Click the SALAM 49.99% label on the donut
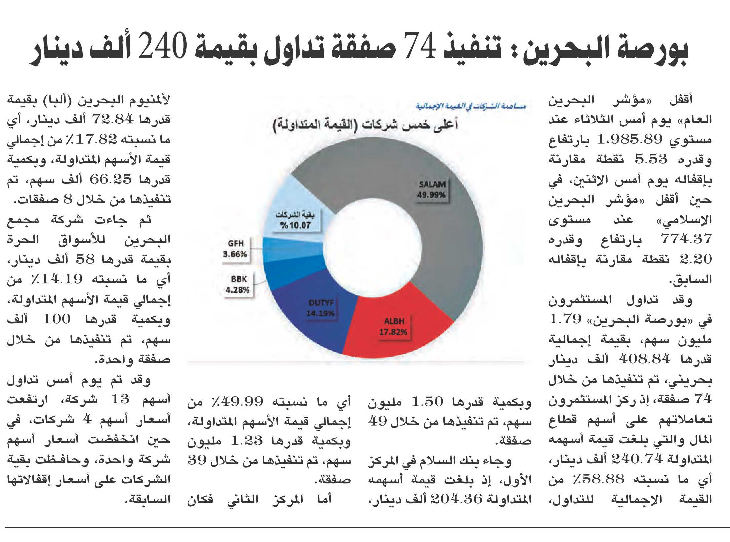pyautogui.click(x=431, y=189)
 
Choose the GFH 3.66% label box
pyautogui.click(x=235, y=249)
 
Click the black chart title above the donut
pyautogui.click(x=365, y=125)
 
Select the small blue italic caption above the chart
pyautogui.click(x=470, y=106)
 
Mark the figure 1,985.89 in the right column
pyautogui.click(x=629, y=139)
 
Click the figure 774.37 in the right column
pyautogui.click(x=686, y=239)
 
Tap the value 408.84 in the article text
pyautogui.click(x=644, y=359)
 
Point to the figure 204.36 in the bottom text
pyautogui.click(x=457, y=499)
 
